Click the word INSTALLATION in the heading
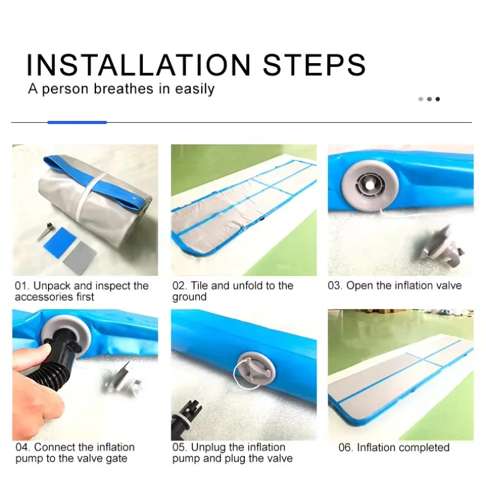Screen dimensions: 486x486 point(139,65)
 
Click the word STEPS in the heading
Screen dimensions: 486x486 point(314,65)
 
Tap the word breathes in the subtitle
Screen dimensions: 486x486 point(123,89)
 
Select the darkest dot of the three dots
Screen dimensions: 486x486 point(437,99)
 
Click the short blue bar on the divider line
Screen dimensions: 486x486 point(77,123)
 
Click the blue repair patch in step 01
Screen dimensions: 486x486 point(60,242)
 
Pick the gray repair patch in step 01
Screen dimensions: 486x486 point(80,258)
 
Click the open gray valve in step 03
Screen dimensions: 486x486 point(369,185)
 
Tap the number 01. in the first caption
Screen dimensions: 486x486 point(22,286)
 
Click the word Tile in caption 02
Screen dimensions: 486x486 point(199,286)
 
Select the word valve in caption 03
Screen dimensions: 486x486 point(447,286)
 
